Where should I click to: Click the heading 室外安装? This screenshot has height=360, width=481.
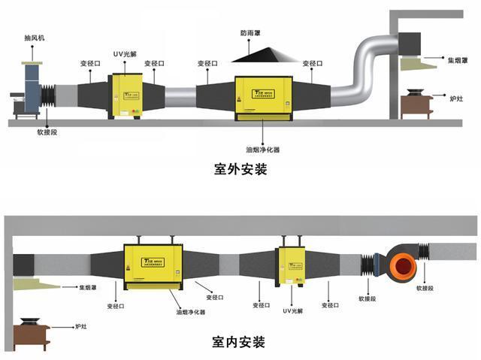point(240,169)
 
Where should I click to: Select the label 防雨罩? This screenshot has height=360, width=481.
point(252,33)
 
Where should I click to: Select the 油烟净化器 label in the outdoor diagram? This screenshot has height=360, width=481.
point(265,150)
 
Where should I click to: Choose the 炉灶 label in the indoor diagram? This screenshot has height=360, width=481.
point(81,327)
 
